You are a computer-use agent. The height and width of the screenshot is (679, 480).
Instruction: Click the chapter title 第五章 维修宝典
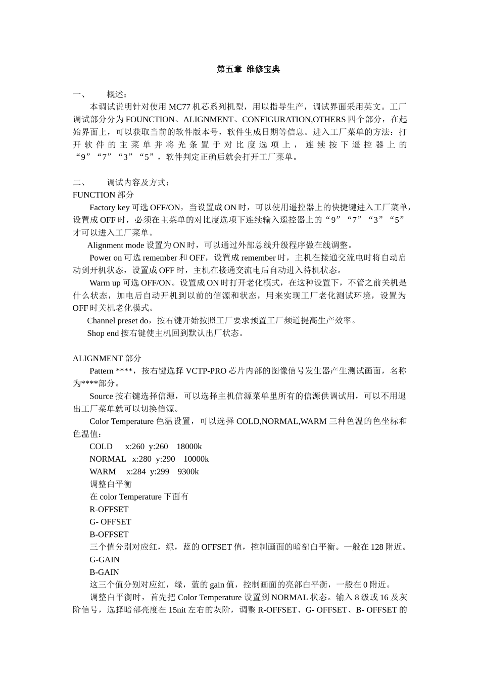248,69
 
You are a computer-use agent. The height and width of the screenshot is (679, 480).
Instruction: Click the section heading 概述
117,94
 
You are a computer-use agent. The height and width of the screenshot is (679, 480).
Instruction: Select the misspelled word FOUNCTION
150,120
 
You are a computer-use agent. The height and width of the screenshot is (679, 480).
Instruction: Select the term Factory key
109,208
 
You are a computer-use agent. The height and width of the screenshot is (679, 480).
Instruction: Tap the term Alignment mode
116,246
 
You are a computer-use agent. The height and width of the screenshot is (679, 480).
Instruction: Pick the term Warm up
105,283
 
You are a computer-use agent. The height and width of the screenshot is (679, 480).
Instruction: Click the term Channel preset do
119,321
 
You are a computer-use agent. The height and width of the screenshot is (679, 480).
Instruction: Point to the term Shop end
103,333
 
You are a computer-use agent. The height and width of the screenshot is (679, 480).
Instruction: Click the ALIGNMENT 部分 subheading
107,359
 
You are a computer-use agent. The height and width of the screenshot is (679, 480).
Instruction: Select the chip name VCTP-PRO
206,371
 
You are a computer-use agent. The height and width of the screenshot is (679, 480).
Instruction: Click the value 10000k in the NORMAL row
196,459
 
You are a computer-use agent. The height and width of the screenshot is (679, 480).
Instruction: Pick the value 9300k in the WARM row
188,472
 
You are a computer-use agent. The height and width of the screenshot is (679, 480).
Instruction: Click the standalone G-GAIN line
105,560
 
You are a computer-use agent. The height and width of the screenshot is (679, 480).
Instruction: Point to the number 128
377,547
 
